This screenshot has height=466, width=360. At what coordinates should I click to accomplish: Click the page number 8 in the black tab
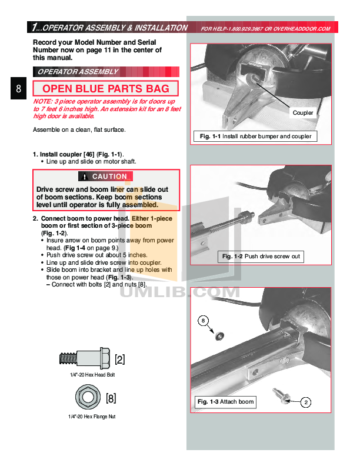[19, 89]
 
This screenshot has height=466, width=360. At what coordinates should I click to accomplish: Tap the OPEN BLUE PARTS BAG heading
[106, 89]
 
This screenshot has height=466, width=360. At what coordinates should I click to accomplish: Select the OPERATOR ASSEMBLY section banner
[78, 72]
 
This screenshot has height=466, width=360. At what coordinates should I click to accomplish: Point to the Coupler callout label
[303, 112]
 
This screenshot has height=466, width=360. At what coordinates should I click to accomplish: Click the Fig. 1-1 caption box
[255, 137]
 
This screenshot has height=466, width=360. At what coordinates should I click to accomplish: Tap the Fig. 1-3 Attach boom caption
[226, 402]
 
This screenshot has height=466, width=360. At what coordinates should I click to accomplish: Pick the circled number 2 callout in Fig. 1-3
[306, 402]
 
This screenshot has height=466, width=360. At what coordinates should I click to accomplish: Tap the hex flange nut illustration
[88, 397]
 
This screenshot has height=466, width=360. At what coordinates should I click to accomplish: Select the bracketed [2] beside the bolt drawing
[119, 358]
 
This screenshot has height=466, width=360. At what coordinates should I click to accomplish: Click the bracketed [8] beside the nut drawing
[111, 398]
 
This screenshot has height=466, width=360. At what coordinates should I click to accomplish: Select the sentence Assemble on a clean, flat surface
[79, 129]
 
